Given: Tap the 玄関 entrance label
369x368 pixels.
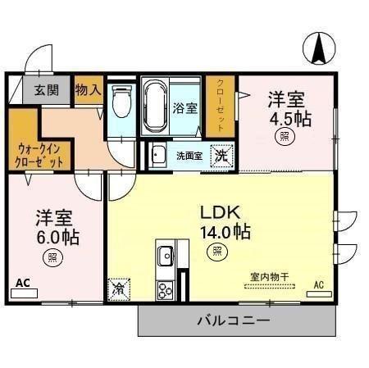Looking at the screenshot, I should click(46, 90).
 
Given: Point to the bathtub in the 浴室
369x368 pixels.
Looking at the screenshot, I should click(155, 106).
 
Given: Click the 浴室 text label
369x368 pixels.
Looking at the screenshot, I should click(185, 107).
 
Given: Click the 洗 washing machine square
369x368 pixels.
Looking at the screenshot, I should click(221, 155).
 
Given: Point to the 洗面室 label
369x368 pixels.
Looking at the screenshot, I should click(189, 156).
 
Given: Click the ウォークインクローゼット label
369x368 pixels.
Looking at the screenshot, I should click(39, 155).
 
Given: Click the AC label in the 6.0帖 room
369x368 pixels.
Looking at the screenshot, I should click(22, 284).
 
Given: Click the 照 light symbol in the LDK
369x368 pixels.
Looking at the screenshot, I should click(216, 252).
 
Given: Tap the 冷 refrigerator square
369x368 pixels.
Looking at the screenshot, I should click(119, 288).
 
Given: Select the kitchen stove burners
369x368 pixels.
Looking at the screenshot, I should click(164, 288).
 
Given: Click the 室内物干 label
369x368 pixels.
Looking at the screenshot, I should click(267, 278).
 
